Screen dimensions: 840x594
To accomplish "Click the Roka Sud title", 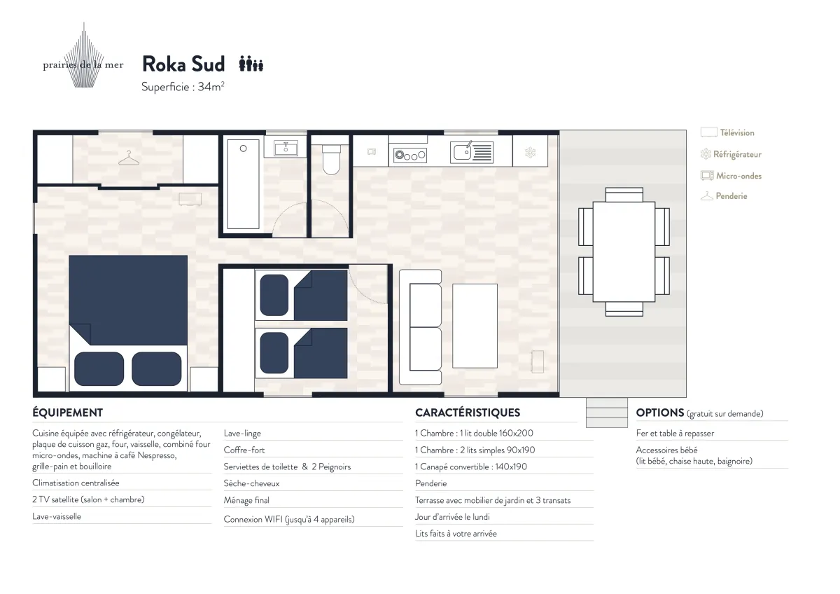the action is (x=183, y=64).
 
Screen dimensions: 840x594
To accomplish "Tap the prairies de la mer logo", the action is (x=83, y=55).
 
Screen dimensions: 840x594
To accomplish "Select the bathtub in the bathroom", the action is (x=243, y=184).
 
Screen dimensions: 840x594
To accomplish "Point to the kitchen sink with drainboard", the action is (x=472, y=152).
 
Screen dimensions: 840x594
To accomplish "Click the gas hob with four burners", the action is (x=410, y=155).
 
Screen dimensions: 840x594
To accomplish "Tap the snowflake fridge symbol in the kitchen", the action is (x=531, y=152).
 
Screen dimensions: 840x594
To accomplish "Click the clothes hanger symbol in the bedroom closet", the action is (x=129, y=158).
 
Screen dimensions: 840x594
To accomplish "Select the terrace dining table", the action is (x=624, y=251).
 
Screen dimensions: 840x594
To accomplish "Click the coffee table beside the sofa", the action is (x=475, y=326).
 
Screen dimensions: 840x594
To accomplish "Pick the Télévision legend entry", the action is (x=727, y=132).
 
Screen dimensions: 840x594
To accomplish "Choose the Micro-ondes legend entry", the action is (x=731, y=176).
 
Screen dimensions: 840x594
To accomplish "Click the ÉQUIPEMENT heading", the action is (x=67, y=413).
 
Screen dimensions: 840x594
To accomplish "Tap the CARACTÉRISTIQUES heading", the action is (x=468, y=413).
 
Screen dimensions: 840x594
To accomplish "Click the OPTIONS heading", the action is (x=660, y=413).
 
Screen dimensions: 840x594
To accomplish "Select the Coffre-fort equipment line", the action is (x=244, y=450).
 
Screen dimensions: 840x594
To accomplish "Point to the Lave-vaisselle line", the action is (x=57, y=516).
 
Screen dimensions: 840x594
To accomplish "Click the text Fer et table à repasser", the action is (x=675, y=434).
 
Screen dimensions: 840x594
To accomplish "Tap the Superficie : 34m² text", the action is (x=183, y=87).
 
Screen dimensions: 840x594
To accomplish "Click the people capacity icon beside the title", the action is (x=251, y=64).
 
